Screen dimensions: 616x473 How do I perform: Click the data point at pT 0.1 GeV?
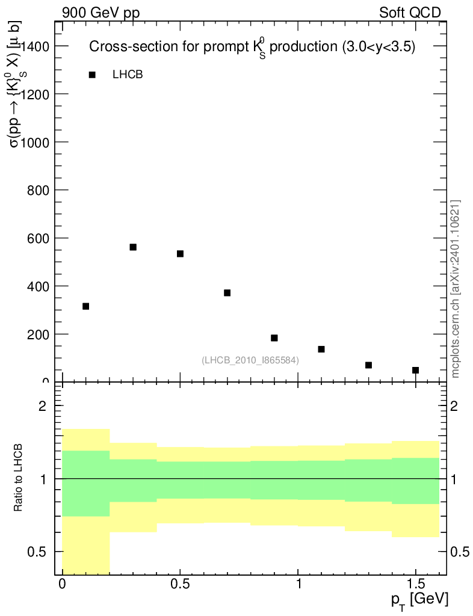click(86, 306)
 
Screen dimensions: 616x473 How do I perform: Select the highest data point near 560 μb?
click(133, 247)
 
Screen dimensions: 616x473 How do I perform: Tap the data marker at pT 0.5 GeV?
click(180, 254)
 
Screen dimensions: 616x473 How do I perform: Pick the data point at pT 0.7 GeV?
click(227, 293)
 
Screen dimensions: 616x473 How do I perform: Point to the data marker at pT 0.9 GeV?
click(274, 338)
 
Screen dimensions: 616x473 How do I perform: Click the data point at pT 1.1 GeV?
click(321, 350)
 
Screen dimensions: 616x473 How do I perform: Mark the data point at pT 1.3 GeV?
click(368, 365)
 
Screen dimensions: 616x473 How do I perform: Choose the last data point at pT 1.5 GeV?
click(415, 370)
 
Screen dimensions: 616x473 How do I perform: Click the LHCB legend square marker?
click(92, 75)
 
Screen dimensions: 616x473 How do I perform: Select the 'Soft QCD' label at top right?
click(410, 13)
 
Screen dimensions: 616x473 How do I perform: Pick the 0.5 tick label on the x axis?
click(180, 584)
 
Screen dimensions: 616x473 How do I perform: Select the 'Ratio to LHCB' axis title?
click(18, 478)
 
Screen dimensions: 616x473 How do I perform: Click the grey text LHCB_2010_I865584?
click(250, 360)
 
